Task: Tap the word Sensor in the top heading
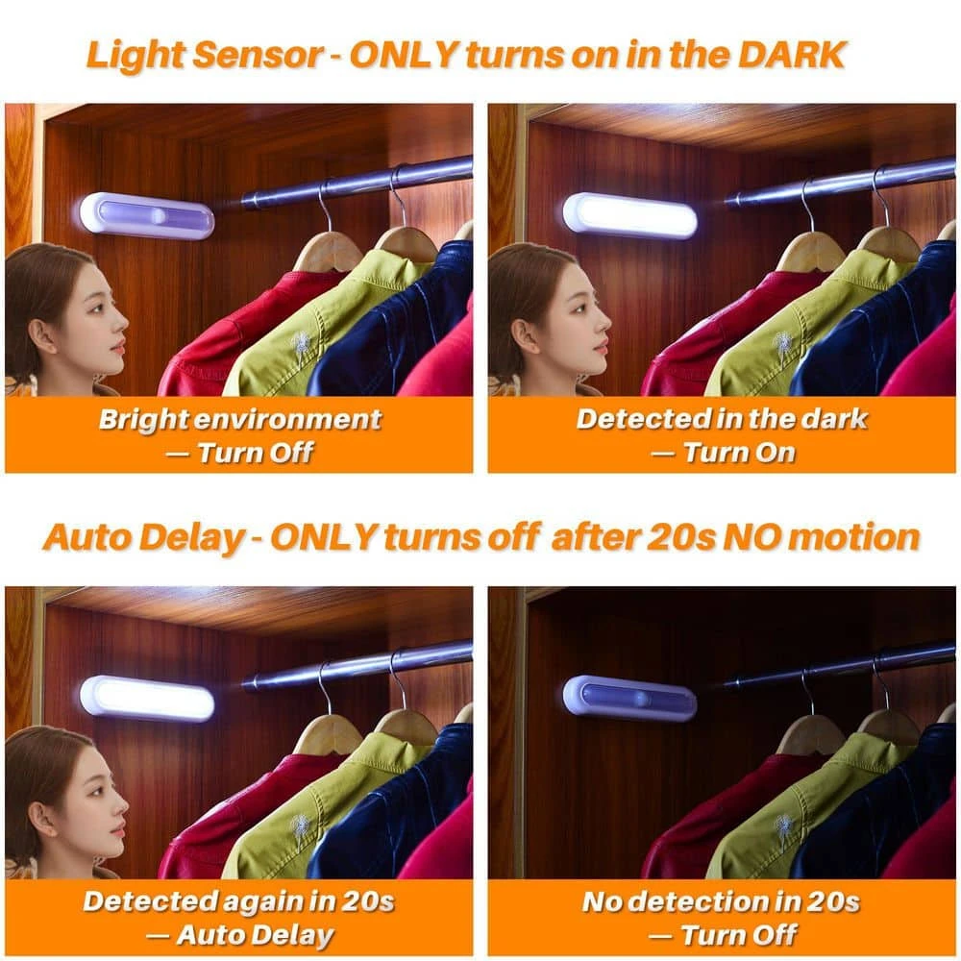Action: (x=260, y=55)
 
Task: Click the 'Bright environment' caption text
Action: (x=239, y=419)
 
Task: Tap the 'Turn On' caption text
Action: (x=738, y=452)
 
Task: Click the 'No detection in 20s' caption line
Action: (x=721, y=901)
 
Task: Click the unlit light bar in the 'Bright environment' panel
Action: (x=146, y=216)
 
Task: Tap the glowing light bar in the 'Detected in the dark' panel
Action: (x=629, y=215)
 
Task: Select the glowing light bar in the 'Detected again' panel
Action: (x=146, y=699)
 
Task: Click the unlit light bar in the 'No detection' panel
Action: (x=629, y=699)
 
